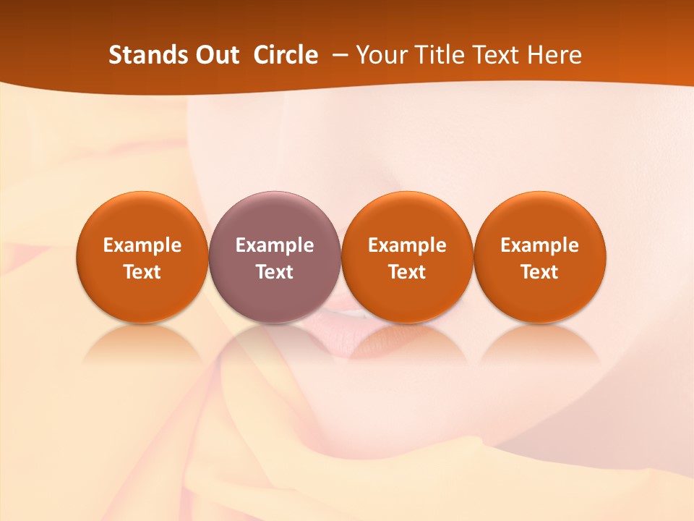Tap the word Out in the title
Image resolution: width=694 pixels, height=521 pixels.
[215, 55]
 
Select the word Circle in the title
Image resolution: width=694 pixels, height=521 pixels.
[286, 55]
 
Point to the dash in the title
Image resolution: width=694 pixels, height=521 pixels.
[338, 56]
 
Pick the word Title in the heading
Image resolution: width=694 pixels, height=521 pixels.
[440, 55]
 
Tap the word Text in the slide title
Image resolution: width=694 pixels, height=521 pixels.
[499, 55]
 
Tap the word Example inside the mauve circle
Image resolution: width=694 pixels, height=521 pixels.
[275, 246]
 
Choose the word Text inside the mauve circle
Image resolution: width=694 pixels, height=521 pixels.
[275, 272]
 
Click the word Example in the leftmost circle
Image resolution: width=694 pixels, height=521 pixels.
[142, 246]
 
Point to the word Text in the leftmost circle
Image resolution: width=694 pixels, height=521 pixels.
[142, 272]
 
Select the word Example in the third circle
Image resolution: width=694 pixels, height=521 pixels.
[407, 246]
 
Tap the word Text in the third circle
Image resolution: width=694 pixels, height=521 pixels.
[407, 272]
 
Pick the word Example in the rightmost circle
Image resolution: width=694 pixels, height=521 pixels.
[539, 246]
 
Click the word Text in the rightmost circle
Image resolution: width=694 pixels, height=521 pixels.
[539, 272]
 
